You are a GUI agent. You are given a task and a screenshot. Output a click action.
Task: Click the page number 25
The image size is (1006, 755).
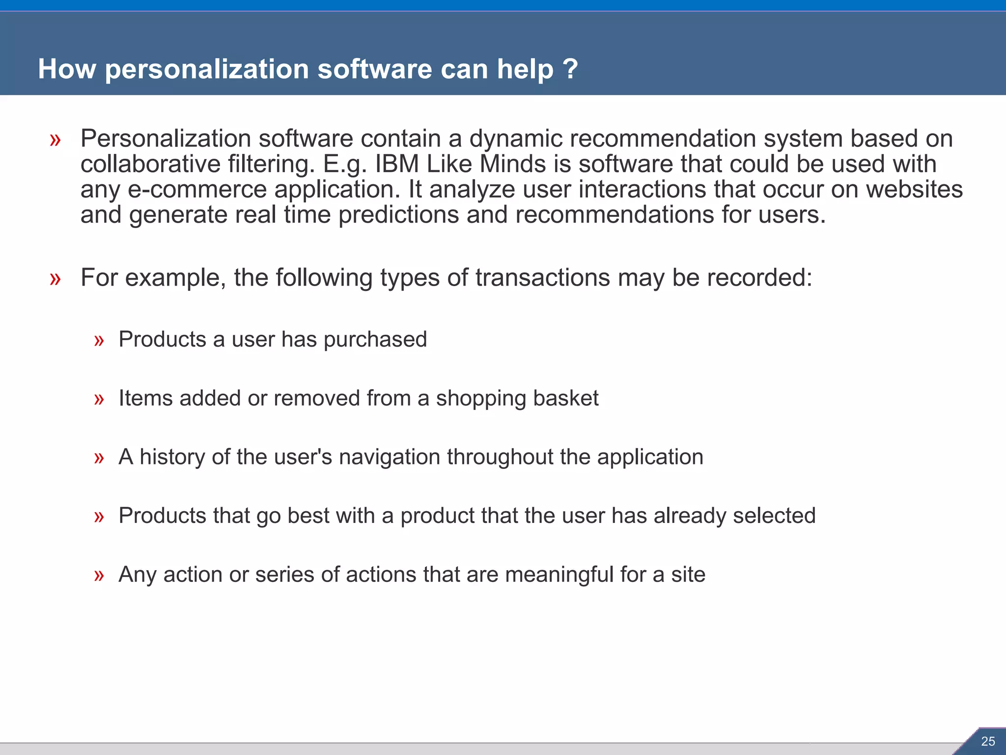(988, 741)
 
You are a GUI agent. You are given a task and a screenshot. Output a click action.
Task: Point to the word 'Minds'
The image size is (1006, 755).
(512, 164)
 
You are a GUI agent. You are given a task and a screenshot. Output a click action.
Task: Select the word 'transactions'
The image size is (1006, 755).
(542, 278)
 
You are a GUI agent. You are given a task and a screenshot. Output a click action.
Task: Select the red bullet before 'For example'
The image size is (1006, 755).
(55, 279)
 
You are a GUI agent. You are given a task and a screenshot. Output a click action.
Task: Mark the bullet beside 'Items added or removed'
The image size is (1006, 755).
(99, 400)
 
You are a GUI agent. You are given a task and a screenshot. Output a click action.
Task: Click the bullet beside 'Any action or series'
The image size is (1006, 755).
(99, 576)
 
